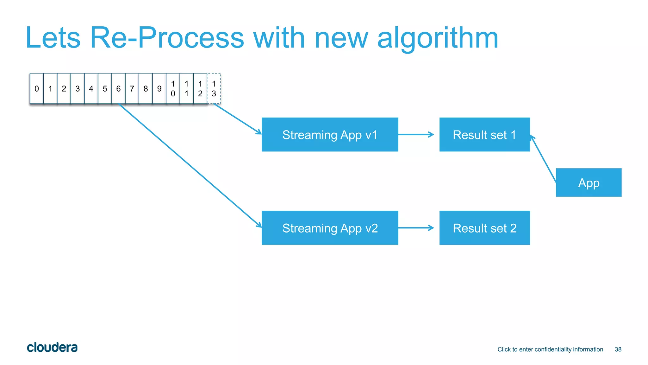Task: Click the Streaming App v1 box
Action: [330, 135]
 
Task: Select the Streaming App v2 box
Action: [330, 228]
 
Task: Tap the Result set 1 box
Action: [484, 135]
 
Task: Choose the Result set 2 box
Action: [484, 228]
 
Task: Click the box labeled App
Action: [589, 182]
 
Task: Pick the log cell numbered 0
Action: [37, 89]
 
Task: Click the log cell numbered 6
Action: [118, 89]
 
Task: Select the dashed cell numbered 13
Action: [214, 89]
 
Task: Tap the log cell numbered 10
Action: [173, 89]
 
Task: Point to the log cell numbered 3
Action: [78, 89]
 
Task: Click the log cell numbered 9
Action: [159, 89]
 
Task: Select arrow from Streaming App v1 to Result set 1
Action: [416, 135]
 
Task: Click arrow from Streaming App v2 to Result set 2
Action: [416, 228]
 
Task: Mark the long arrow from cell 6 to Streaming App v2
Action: [190, 165]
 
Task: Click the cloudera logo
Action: [52, 348]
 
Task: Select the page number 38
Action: [618, 349]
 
